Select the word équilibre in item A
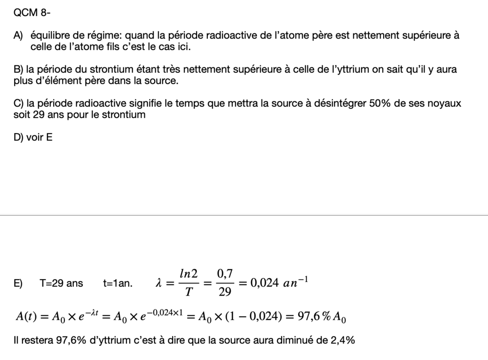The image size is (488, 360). [48, 36]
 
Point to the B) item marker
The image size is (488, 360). [19, 69]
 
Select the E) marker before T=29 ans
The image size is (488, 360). [19, 283]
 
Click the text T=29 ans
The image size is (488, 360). [61, 283]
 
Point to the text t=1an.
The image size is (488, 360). [118, 283]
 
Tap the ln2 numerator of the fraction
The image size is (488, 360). [188, 275]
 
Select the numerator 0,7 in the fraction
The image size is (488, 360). [224, 275]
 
